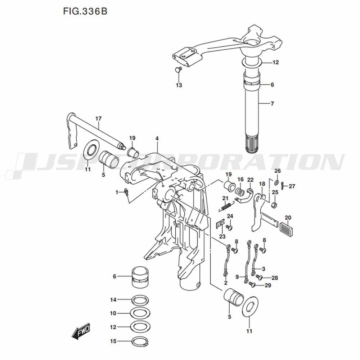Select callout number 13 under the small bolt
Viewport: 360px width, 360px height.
click(179, 85)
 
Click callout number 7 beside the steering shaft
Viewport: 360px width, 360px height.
click(272, 104)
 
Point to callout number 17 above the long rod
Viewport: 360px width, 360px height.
click(99, 118)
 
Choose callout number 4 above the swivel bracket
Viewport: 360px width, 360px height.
click(157, 138)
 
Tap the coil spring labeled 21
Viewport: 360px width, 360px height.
click(226, 206)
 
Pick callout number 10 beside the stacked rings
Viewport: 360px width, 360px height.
click(113, 313)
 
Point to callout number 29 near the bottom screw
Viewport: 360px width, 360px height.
click(267, 285)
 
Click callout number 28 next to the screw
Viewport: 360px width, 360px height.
click(275, 278)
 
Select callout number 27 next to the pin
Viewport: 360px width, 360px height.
click(292, 186)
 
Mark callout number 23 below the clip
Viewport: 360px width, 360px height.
click(222, 237)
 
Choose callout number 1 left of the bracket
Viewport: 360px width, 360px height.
click(117, 192)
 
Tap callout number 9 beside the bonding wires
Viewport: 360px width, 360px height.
click(237, 276)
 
